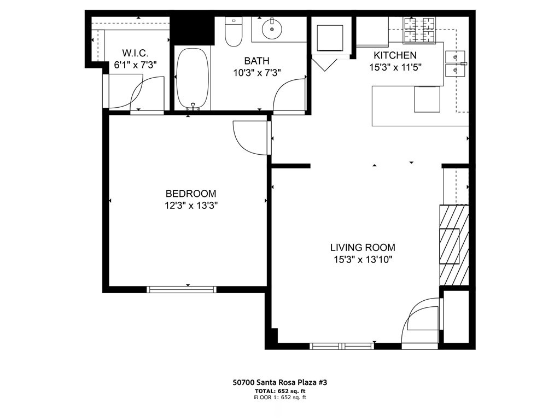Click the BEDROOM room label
[191, 194]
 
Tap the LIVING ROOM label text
[362, 247]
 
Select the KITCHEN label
[395, 55]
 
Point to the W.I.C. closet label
[135, 54]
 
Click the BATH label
[256, 61]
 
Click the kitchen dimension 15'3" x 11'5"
[395, 67]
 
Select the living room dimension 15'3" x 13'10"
[362, 260]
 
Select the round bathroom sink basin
[271, 29]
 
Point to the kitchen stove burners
[419, 31]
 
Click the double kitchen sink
[455, 63]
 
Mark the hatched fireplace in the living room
[453, 244]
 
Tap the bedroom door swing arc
[249, 137]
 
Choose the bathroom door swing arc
[288, 96]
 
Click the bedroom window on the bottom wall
[182, 289]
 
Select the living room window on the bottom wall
[341, 346]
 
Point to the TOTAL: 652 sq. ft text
[280, 392]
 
